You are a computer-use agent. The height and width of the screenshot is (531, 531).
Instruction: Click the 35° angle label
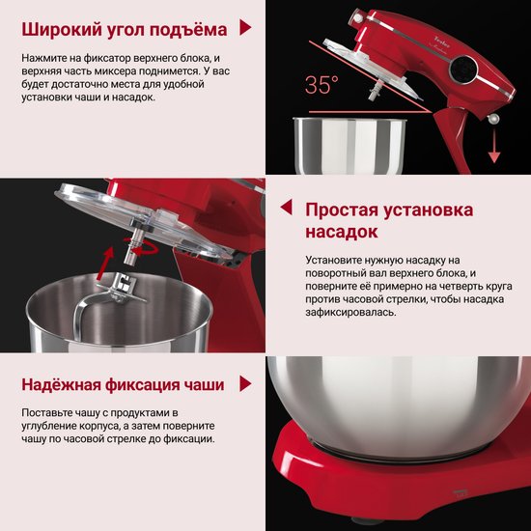pos(321,84)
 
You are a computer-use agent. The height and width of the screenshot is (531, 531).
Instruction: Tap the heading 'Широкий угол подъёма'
pos(125,30)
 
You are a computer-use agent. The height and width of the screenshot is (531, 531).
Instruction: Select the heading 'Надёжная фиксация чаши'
pos(123,384)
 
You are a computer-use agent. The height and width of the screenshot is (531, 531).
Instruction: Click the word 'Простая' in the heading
pos(342,210)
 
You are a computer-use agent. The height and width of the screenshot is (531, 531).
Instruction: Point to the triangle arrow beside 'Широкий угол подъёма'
pos(245,27)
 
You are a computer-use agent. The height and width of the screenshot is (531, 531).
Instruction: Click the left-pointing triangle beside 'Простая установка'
pos(286,207)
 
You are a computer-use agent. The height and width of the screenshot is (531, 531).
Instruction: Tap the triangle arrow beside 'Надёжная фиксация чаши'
pos(245,383)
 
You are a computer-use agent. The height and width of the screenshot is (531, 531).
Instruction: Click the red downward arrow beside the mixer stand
pos(494,146)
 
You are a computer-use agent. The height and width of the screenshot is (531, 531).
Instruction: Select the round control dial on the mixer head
pos(462,70)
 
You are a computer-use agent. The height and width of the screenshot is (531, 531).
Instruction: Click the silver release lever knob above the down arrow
pos(493,118)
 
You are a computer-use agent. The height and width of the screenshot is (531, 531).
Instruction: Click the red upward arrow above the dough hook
pos(105,264)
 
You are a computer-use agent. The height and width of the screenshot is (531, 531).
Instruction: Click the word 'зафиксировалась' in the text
pos(350,312)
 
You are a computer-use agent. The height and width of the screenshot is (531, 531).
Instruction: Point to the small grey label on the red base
pos(460,492)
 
